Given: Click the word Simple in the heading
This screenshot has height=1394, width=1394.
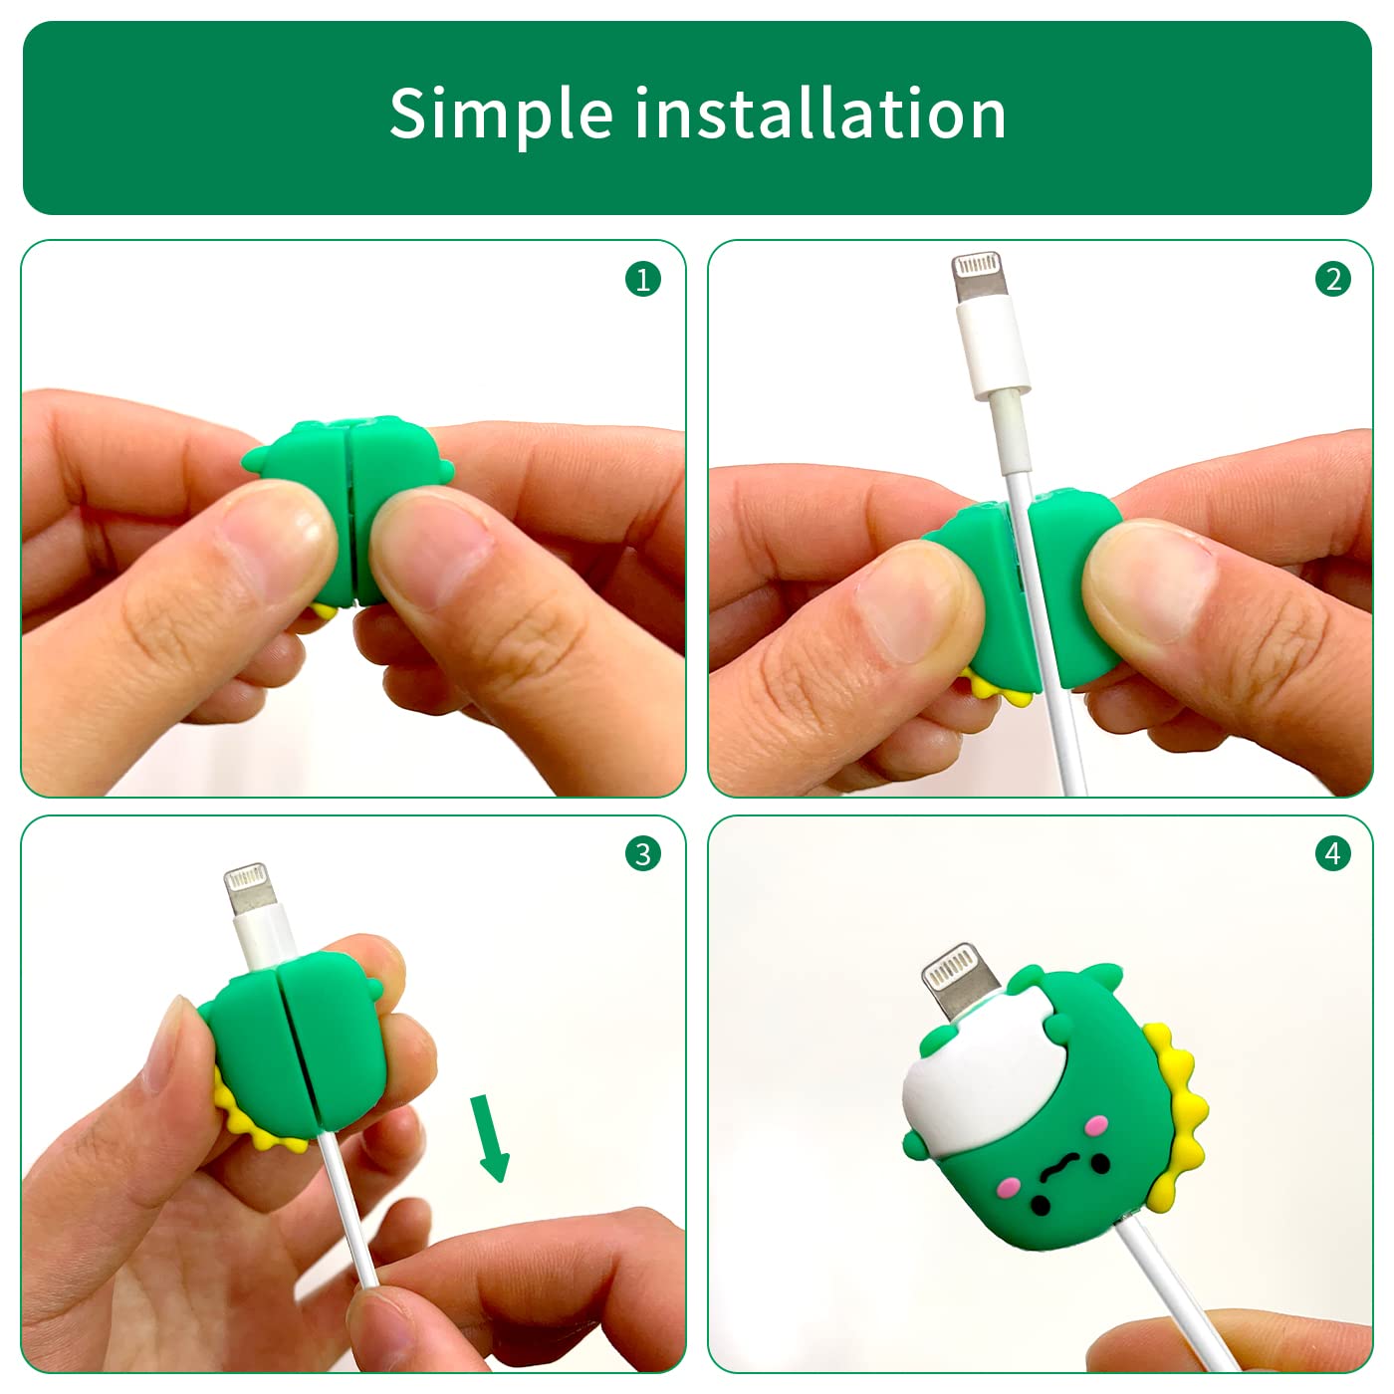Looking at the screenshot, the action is pyautogui.click(x=501, y=115).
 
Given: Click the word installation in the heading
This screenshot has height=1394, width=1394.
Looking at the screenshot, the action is pyautogui.click(x=820, y=113).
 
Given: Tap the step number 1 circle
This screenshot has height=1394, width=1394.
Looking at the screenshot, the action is pyautogui.click(x=642, y=279).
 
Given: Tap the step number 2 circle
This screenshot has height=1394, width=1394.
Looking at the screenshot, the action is pyautogui.click(x=1332, y=279).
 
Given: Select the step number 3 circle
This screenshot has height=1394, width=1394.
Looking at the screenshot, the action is pyautogui.click(x=642, y=853).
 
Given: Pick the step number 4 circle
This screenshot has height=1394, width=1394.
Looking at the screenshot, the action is pyautogui.click(x=1332, y=853).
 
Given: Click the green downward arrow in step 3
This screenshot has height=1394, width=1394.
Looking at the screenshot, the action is pyautogui.click(x=491, y=1137).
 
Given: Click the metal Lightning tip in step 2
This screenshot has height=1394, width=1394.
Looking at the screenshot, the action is pyautogui.click(x=978, y=277).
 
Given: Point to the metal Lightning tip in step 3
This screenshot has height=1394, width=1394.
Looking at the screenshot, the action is pyautogui.click(x=250, y=890).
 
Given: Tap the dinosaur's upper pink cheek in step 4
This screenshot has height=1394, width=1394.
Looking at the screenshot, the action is pyautogui.click(x=1096, y=1125).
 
